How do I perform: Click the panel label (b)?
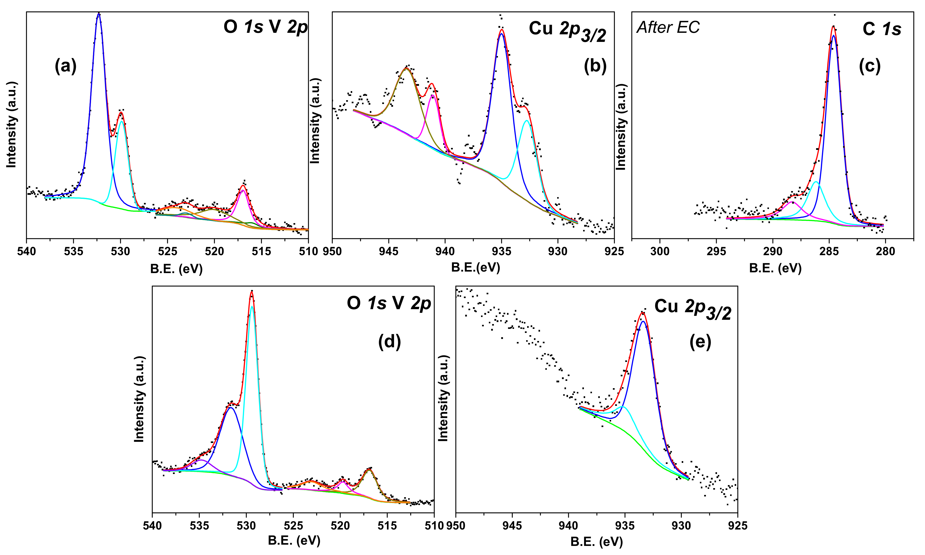595,66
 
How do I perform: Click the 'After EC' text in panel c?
668,27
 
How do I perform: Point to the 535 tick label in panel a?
73,251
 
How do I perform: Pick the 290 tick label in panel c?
772,251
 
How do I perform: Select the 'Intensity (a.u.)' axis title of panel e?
443,398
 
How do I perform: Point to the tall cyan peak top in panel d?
252,307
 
